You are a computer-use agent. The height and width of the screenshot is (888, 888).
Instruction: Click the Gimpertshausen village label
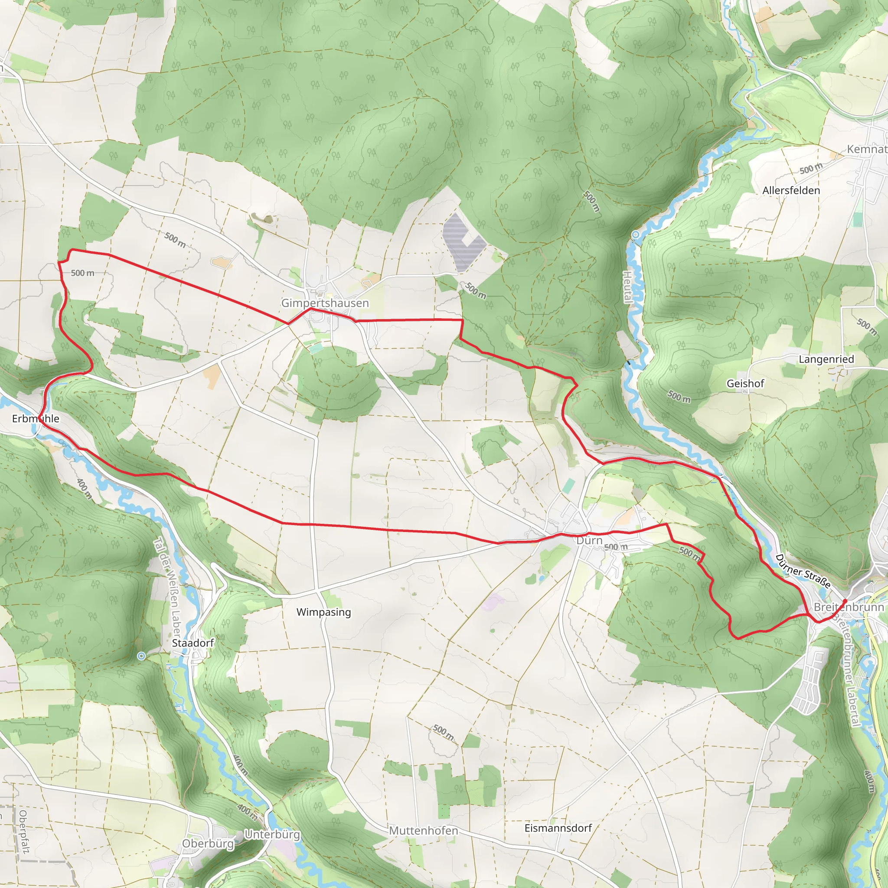pos(325,303)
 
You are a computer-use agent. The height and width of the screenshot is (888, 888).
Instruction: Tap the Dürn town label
pos(589,540)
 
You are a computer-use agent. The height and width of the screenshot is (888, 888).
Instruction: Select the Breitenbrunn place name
pos(849,607)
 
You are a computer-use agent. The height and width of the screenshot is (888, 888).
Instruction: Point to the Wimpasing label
pos(323,612)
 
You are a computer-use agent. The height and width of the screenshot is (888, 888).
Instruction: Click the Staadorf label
pos(193,643)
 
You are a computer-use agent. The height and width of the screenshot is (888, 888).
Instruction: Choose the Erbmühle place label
pos(36,419)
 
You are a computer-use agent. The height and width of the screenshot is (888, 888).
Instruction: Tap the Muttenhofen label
pos(423,831)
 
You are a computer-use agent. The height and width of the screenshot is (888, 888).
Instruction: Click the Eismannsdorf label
pos(558,828)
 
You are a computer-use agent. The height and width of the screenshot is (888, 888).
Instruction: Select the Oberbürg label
pos(208,843)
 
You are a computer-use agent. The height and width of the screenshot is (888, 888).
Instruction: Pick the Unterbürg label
pos(272,834)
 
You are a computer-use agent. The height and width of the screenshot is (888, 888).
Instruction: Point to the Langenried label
pos(826,359)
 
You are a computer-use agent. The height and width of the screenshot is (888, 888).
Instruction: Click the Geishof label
pos(745,383)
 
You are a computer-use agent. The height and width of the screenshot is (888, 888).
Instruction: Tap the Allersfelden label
pos(791,190)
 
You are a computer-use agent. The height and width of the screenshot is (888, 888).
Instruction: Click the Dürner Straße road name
pos(803,571)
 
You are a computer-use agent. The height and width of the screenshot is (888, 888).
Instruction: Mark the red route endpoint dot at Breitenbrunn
pos(845,601)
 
